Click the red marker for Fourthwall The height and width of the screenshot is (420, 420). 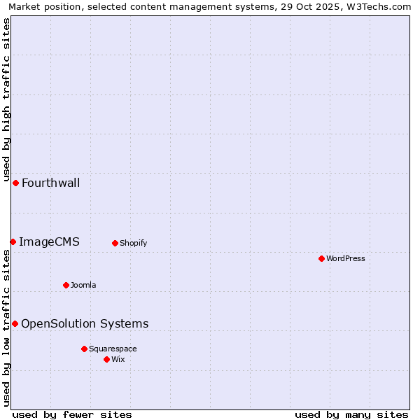[15, 183]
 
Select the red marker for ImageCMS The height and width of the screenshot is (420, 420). [13, 241]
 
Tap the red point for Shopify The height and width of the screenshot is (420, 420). [115, 243]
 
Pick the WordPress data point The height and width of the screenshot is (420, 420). [321, 258]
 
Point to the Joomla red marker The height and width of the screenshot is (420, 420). [66, 285]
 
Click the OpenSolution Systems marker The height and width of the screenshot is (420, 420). [15, 323]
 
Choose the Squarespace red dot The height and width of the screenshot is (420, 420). [84, 349]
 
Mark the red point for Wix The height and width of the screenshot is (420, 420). [106, 359]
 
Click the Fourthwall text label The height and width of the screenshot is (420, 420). [50, 183]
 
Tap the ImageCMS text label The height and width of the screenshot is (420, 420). [49, 242]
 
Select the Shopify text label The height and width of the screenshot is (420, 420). [133, 244]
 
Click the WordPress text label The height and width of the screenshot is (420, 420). [345, 259]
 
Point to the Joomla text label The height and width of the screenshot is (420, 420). [83, 286]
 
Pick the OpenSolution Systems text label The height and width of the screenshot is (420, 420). [85, 323]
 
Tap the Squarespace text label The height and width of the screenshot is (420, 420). [113, 349]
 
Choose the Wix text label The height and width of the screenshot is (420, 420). [118, 360]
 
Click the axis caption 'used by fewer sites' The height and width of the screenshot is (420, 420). [72, 415]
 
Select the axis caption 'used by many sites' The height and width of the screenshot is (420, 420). [351, 415]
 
